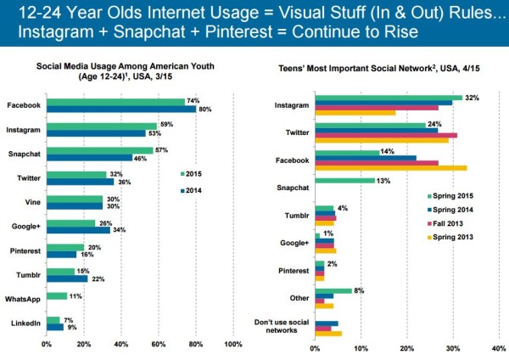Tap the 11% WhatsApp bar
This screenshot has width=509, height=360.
56,296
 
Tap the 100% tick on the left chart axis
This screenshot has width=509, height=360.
232,345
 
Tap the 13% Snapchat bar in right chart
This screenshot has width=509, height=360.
344,180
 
